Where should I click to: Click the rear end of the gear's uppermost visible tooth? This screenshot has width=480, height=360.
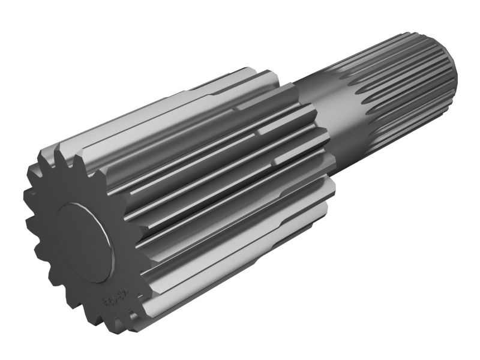point(252,69)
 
